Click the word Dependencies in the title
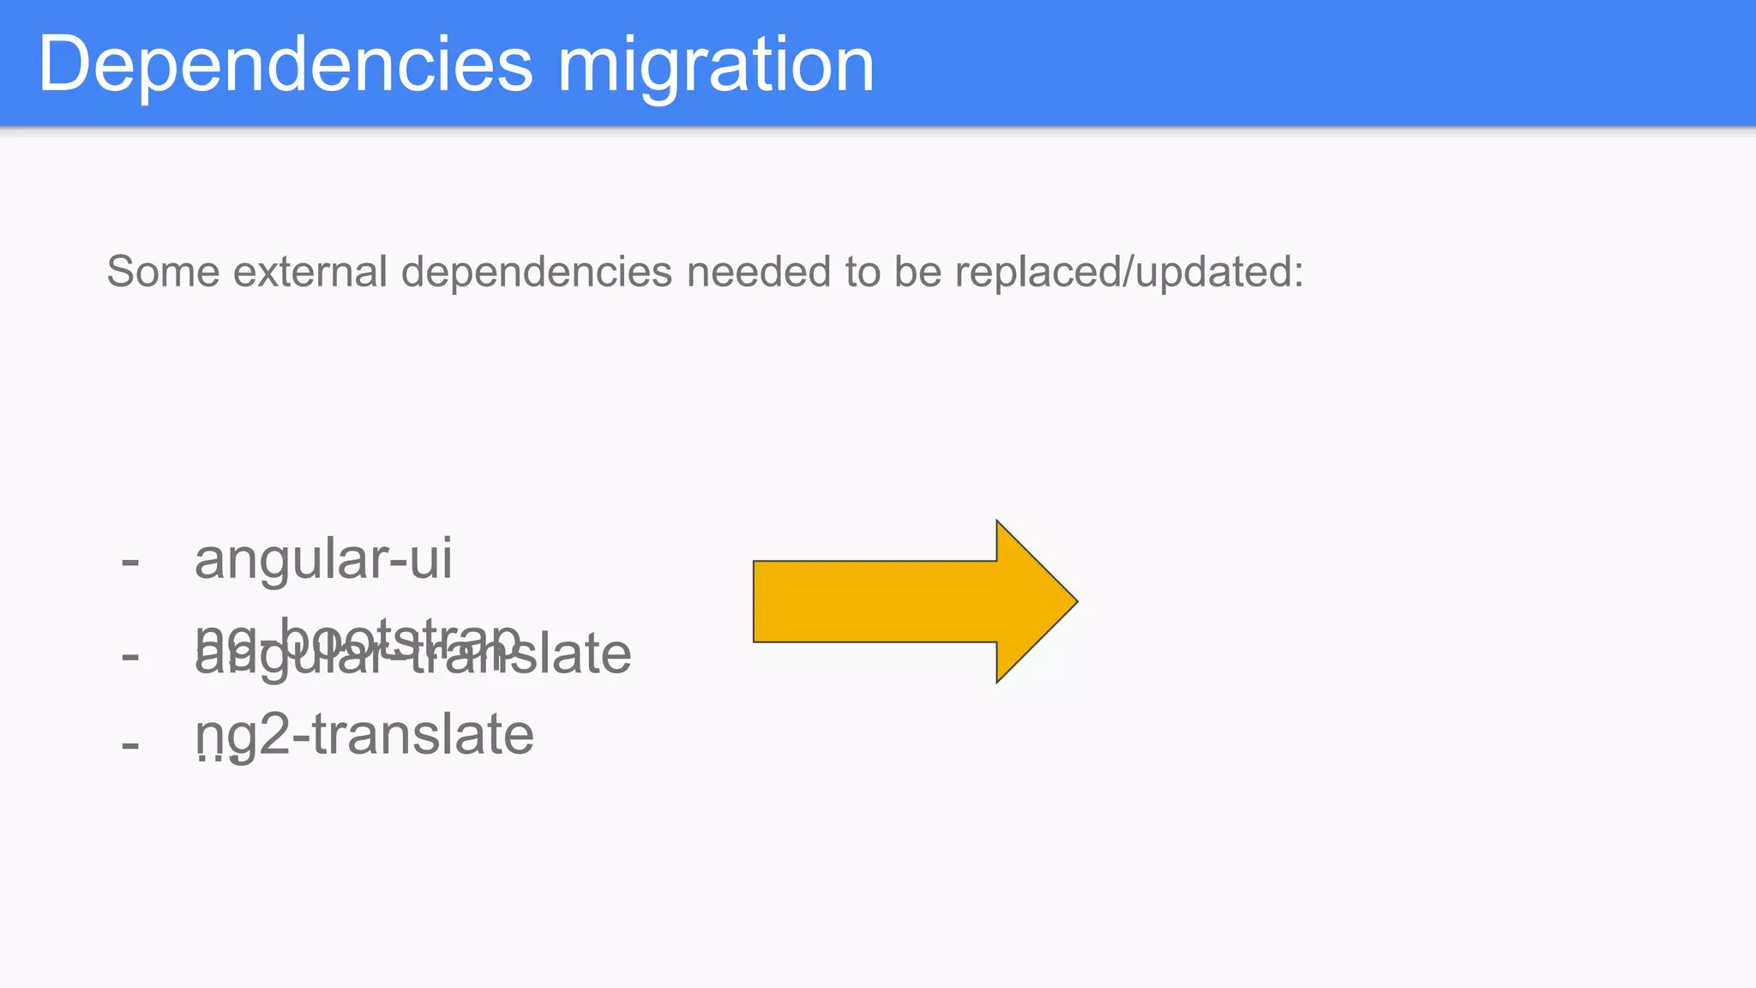pyautogui.click(x=286, y=65)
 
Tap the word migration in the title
pyautogui.click(x=716, y=65)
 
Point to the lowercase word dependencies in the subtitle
pyautogui.click(x=537, y=274)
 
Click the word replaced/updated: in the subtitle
pyautogui.click(x=1128, y=274)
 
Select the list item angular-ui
pyautogui.click(x=323, y=560)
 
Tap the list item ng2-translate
pyautogui.click(x=364, y=735)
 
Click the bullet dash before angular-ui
pyautogui.click(x=130, y=563)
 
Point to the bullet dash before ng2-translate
pyautogui.click(x=130, y=744)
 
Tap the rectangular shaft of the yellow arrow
pyautogui.click(x=875, y=601)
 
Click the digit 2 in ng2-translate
pyautogui.click(x=274, y=735)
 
